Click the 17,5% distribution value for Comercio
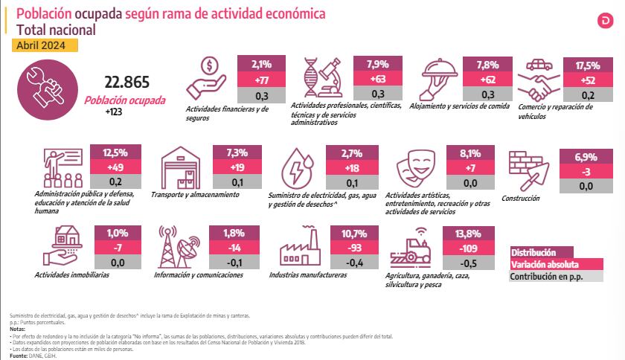pos(588,65)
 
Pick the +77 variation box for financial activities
pos(261,80)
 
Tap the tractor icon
pos(412,245)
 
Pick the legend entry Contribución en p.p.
pos(546,277)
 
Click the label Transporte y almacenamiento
pos(195,194)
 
